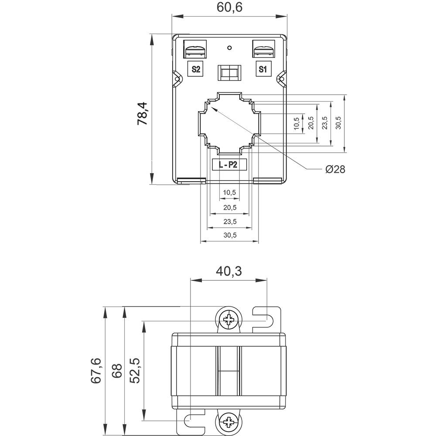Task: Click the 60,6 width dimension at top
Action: (x=229, y=7)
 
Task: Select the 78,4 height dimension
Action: (x=143, y=113)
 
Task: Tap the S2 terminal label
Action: (x=196, y=69)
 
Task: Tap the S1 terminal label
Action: (x=262, y=69)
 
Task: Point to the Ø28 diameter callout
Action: (x=335, y=169)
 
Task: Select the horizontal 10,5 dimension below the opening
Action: (x=229, y=192)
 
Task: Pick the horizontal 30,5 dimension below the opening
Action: (x=229, y=235)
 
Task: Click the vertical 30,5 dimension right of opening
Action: (x=338, y=123)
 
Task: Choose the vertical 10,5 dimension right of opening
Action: (x=297, y=123)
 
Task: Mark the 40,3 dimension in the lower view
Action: (x=228, y=272)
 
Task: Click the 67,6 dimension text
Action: (x=96, y=371)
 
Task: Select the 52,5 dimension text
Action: (x=135, y=371)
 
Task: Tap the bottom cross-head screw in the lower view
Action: (x=228, y=422)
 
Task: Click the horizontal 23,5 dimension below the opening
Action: (x=229, y=221)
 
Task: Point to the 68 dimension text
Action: (x=116, y=371)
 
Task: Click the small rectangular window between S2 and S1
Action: (x=229, y=73)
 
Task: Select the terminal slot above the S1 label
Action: (x=263, y=50)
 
